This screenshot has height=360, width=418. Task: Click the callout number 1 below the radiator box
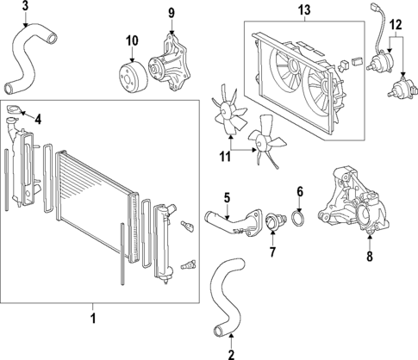[x=93, y=320]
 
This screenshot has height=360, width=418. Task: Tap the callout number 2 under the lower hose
[x=231, y=353]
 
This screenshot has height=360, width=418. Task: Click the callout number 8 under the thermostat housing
[x=370, y=255]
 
